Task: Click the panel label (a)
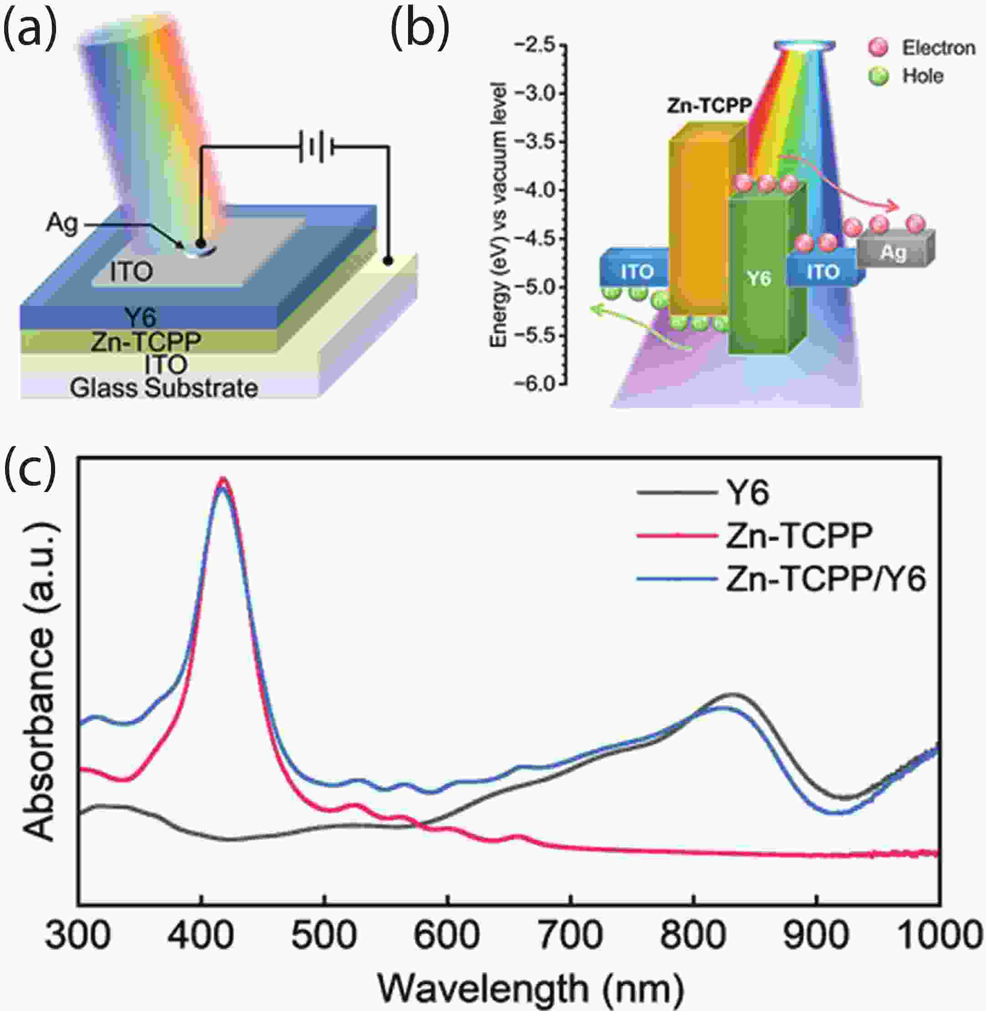pos(30,31)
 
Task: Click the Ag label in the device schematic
pos(61,223)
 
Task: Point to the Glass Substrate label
pos(163,388)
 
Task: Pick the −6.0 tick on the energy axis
pos(541,384)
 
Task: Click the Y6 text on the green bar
pos(759,279)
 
